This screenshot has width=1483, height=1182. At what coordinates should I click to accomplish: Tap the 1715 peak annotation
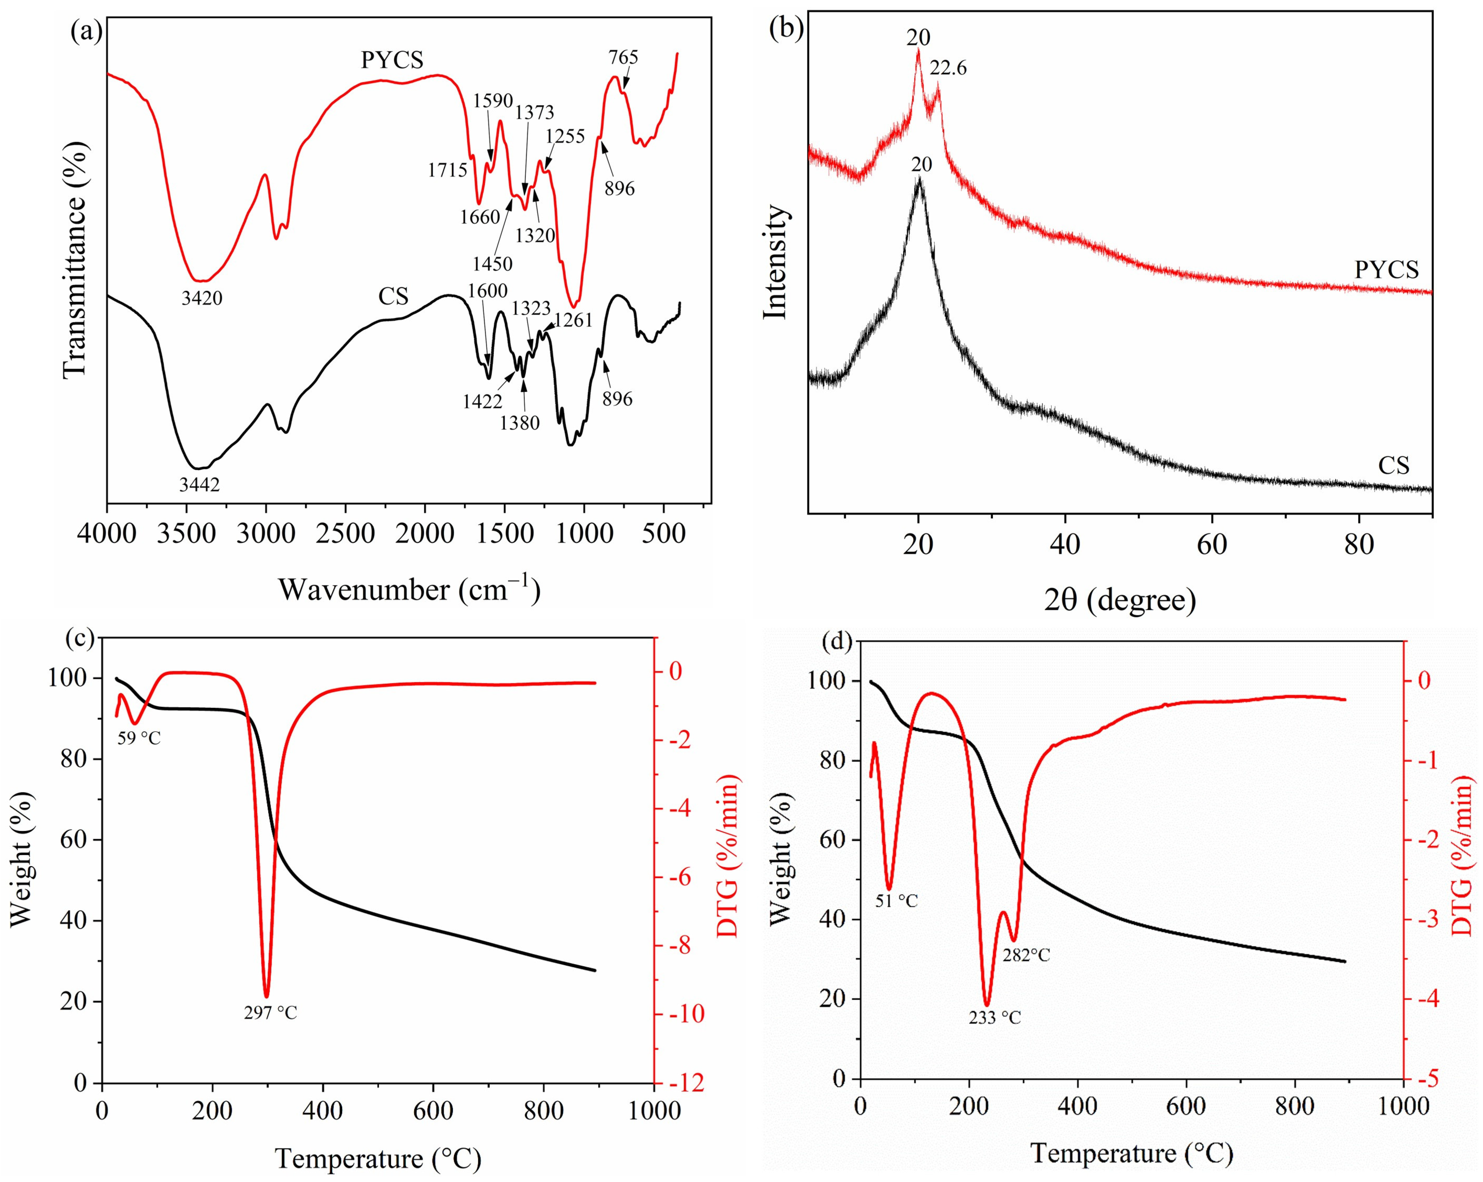pos(448,169)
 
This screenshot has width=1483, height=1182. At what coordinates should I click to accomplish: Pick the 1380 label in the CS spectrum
pos(519,423)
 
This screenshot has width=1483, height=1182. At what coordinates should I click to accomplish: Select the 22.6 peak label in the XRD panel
pos(948,68)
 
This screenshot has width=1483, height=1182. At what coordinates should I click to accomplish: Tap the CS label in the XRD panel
pos(1394,466)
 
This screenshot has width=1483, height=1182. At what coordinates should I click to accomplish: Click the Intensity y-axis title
pos(775,262)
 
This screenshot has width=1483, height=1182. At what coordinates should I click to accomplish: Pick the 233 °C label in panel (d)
pos(995,1036)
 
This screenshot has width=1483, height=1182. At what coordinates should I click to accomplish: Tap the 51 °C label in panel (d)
pos(896,901)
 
